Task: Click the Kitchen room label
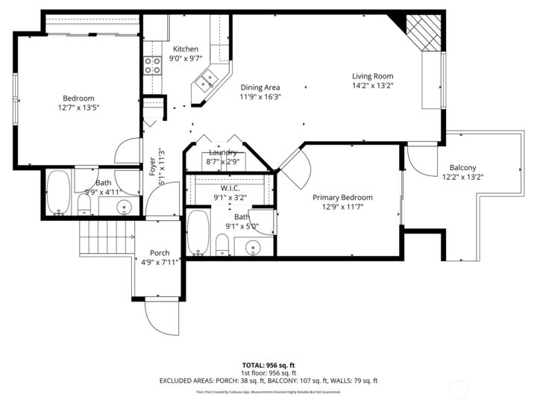tap(186, 49)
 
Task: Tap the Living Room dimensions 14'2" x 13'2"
tap(373, 85)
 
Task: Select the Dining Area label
tap(260, 87)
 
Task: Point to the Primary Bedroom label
tap(342, 198)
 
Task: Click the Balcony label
tap(462, 168)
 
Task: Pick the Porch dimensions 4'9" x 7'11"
tap(160, 262)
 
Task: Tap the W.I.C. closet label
tap(230, 188)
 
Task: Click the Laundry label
tap(223, 152)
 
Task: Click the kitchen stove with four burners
tap(153, 65)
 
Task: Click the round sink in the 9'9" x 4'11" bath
tap(125, 207)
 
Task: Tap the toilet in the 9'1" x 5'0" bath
tap(222, 243)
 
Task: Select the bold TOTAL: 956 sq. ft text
tap(268, 364)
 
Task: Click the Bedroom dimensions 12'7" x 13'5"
tap(78, 107)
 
